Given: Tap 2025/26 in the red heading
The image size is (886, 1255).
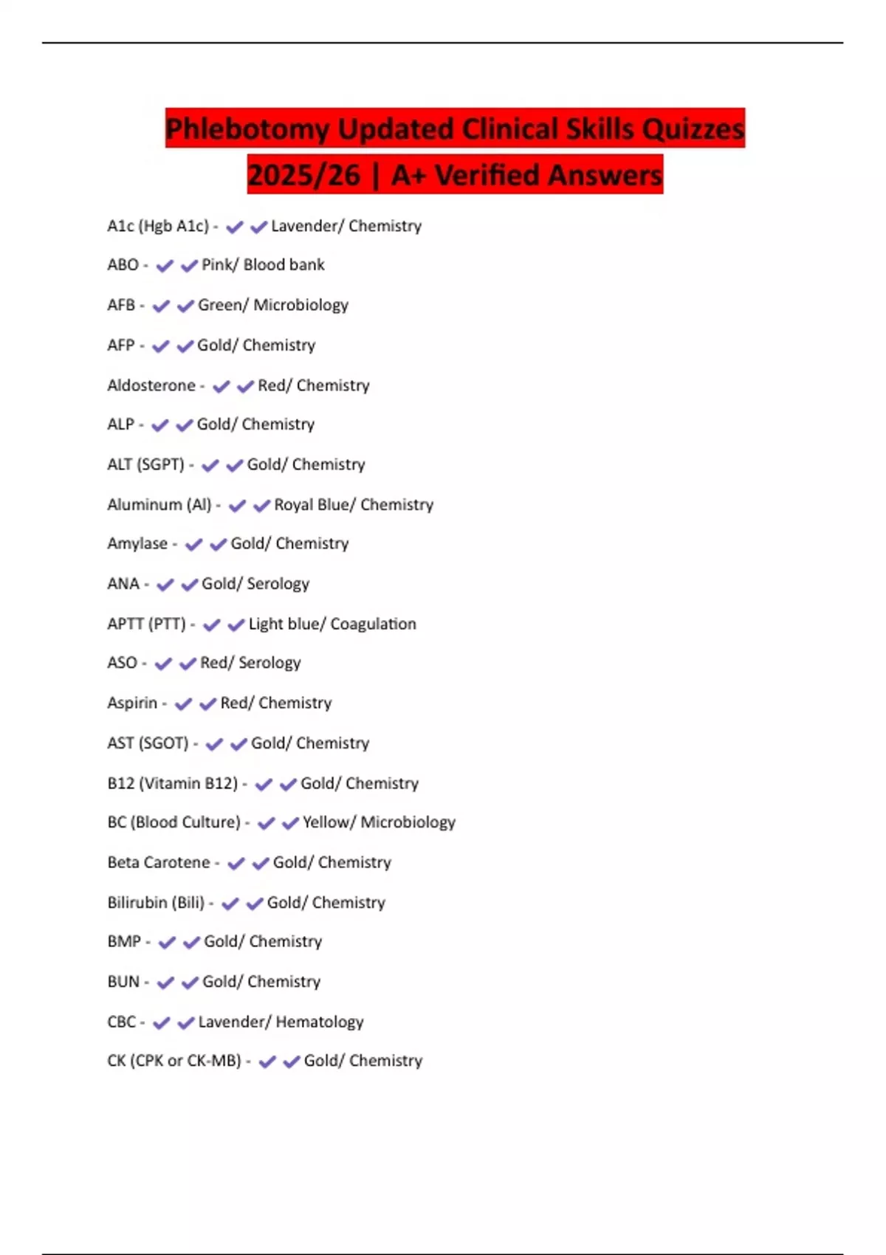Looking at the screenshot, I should [303, 176].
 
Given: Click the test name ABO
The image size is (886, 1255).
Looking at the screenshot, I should [123, 265].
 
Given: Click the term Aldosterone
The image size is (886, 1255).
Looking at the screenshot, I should [151, 385].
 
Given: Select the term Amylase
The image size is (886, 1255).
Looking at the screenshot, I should [137, 544].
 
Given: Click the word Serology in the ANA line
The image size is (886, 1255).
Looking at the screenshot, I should [278, 584].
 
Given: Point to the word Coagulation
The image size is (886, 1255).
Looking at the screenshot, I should [373, 624].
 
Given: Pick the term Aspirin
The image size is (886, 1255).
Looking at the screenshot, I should [132, 703].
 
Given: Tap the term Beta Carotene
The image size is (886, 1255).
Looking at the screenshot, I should [159, 862].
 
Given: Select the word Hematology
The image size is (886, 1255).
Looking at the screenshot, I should [319, 1022].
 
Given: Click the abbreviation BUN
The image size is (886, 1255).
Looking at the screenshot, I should [123, 982].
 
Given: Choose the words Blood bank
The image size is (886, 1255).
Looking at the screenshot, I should [284, 265].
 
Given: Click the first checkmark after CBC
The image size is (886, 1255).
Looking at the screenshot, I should [161, 1022].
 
